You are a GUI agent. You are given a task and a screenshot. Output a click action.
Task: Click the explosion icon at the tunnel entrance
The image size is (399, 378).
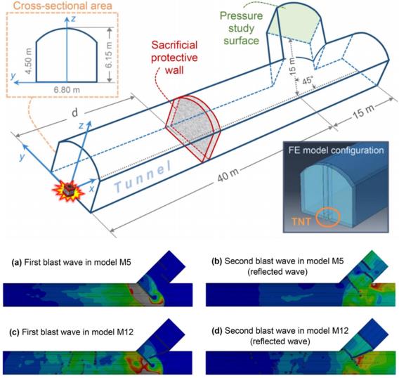click(x=67, y=190)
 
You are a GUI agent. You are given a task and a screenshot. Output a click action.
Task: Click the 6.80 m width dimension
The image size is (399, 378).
click(x=67, y=90)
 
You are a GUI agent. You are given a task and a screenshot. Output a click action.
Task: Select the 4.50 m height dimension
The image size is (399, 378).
click(x=29, y=62)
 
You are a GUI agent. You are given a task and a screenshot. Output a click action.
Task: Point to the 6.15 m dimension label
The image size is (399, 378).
click(x=109, y=55)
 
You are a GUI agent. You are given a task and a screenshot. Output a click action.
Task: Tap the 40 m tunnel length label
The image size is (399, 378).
click(x=228, y=175)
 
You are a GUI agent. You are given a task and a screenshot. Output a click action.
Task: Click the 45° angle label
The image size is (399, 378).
click(x=307, y=81)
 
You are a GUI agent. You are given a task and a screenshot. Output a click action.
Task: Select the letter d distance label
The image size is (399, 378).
click(x=74, y=112)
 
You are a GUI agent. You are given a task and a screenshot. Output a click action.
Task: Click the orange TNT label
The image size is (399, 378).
click(x=301, y=221)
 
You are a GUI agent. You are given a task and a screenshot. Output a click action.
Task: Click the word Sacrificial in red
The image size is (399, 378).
click(x=174, y=45)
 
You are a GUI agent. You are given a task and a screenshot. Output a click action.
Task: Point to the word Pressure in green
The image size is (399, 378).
click(x=241, y=15)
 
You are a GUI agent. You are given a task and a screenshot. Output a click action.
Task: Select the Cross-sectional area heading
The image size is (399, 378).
click(x=63, y=6)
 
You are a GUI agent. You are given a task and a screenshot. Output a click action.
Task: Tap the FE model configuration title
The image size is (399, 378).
click(x=336, y=150)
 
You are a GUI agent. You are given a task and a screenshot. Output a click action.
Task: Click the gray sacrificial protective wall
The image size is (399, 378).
click(x=193, y=129)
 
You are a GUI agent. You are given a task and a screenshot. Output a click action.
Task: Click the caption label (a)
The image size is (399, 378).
click(x=17, y=263)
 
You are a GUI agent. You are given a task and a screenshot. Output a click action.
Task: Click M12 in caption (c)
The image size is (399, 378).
click(x=125, y=332)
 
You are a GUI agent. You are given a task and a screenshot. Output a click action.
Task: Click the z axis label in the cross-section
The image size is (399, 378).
click(x=73, y=18)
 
